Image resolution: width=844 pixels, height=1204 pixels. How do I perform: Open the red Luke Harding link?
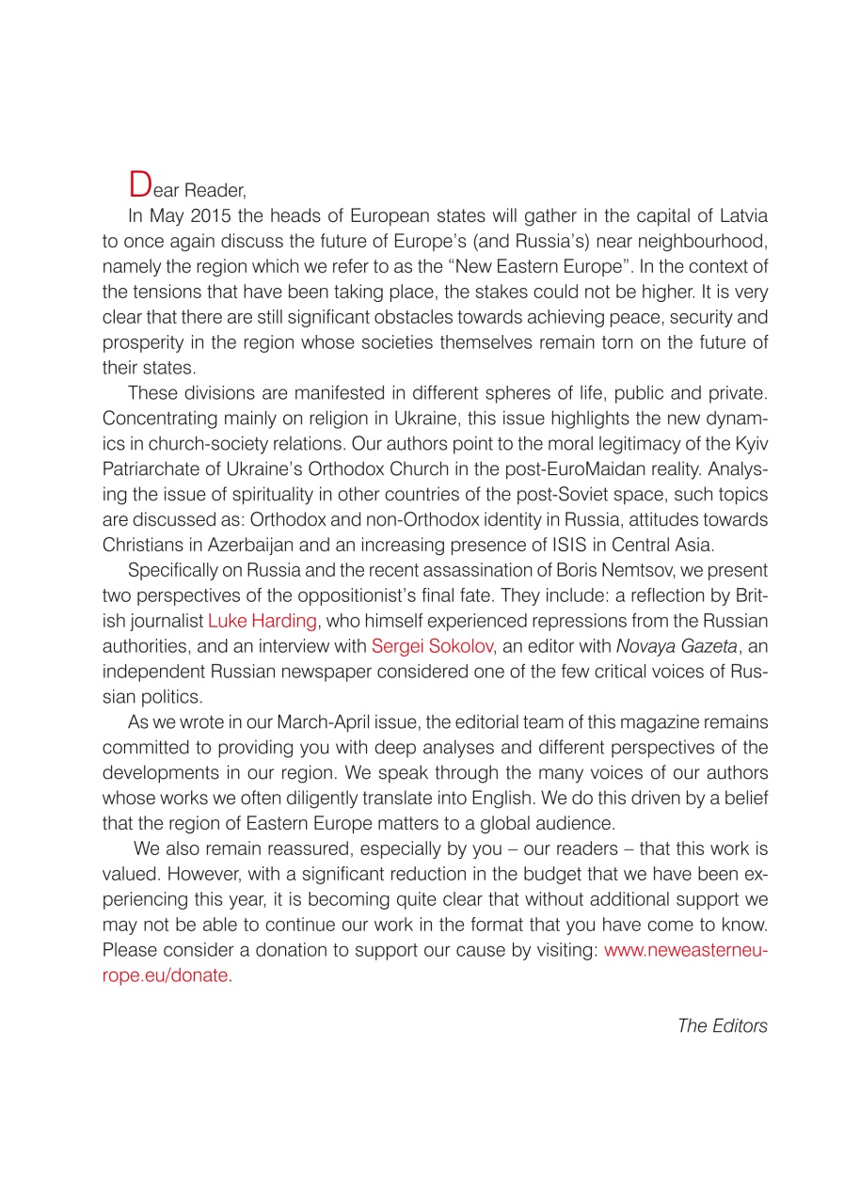pyautogui.click(x=262, y=619)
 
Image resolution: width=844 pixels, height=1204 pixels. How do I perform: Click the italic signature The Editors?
pyautogui.click(x=722, y=1025)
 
